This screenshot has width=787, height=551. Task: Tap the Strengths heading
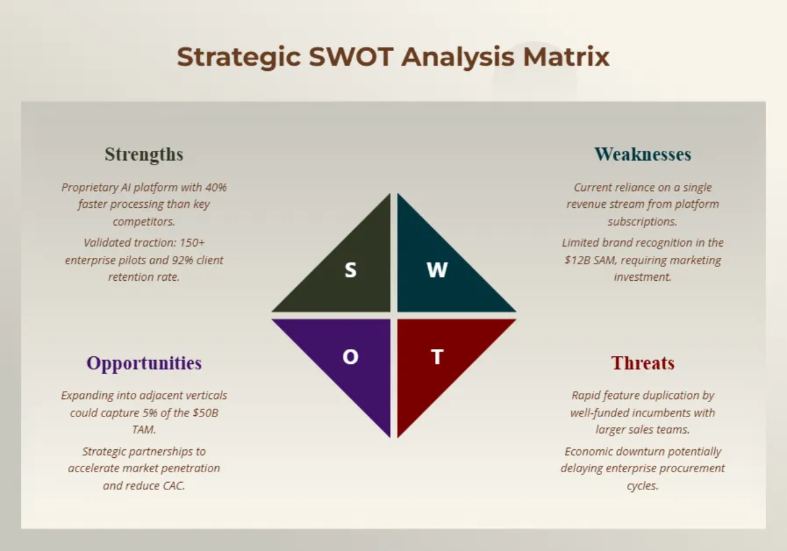pyautogui.click(x=144, y=155)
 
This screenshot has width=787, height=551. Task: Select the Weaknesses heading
pyautogui.click(x=643, y=154)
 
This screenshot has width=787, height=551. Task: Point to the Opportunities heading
pyautogui.click(x=144, y=363)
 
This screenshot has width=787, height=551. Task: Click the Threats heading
pyautogui.click(x=643, y=363)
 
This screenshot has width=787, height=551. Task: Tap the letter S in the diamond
pyautogui.click(x=350, y=270)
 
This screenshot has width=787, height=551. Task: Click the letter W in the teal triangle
pyautogui.click(x=437, y=270)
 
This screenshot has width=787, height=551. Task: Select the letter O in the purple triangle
pyautogui.click(x=350, y=357)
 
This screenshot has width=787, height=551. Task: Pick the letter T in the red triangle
pyautogui.click(x=437, y=357)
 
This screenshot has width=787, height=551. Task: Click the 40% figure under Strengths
pyautogui.click(x=216, y=188)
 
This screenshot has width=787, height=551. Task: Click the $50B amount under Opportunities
pyautogui.click(x=205, y=413)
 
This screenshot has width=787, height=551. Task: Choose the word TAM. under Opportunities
pyautogui.click(x=144, y=430)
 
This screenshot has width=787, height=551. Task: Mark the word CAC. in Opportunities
pyautogui.click(x=174, y=485)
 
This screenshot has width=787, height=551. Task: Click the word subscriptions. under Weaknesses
pyautogui.click(x=643, y=222)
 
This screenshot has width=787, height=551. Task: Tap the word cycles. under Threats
pyautogui.click(x=643, y=486)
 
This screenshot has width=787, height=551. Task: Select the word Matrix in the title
pyautogui.click(x=566, y=56)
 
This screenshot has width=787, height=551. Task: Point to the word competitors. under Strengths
pyautogui.click(x=144, y=222)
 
